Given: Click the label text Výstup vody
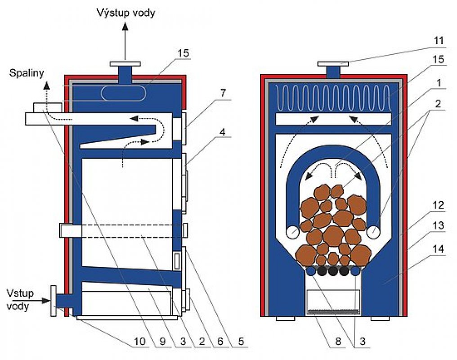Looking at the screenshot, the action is [125, 13].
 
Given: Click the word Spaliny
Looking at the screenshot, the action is [27, 73].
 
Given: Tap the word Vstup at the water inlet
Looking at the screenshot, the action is [20, 293].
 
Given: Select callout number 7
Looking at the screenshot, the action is [222, 93].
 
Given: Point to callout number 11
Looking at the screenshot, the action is [439, 40].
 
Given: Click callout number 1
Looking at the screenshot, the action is [439, 83].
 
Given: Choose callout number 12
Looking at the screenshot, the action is [439, 205].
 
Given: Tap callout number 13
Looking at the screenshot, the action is [439, 225].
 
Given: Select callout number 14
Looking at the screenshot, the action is [439, 249].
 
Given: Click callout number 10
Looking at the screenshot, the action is [139, 341].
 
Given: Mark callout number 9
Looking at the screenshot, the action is [162, 341].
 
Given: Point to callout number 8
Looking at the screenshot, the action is [338, 341].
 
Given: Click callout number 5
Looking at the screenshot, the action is [241, 341].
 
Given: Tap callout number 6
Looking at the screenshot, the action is [220, 341].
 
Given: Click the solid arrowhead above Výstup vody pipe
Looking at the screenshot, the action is [125, 27].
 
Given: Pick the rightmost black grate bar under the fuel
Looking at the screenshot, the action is [344, 271].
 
